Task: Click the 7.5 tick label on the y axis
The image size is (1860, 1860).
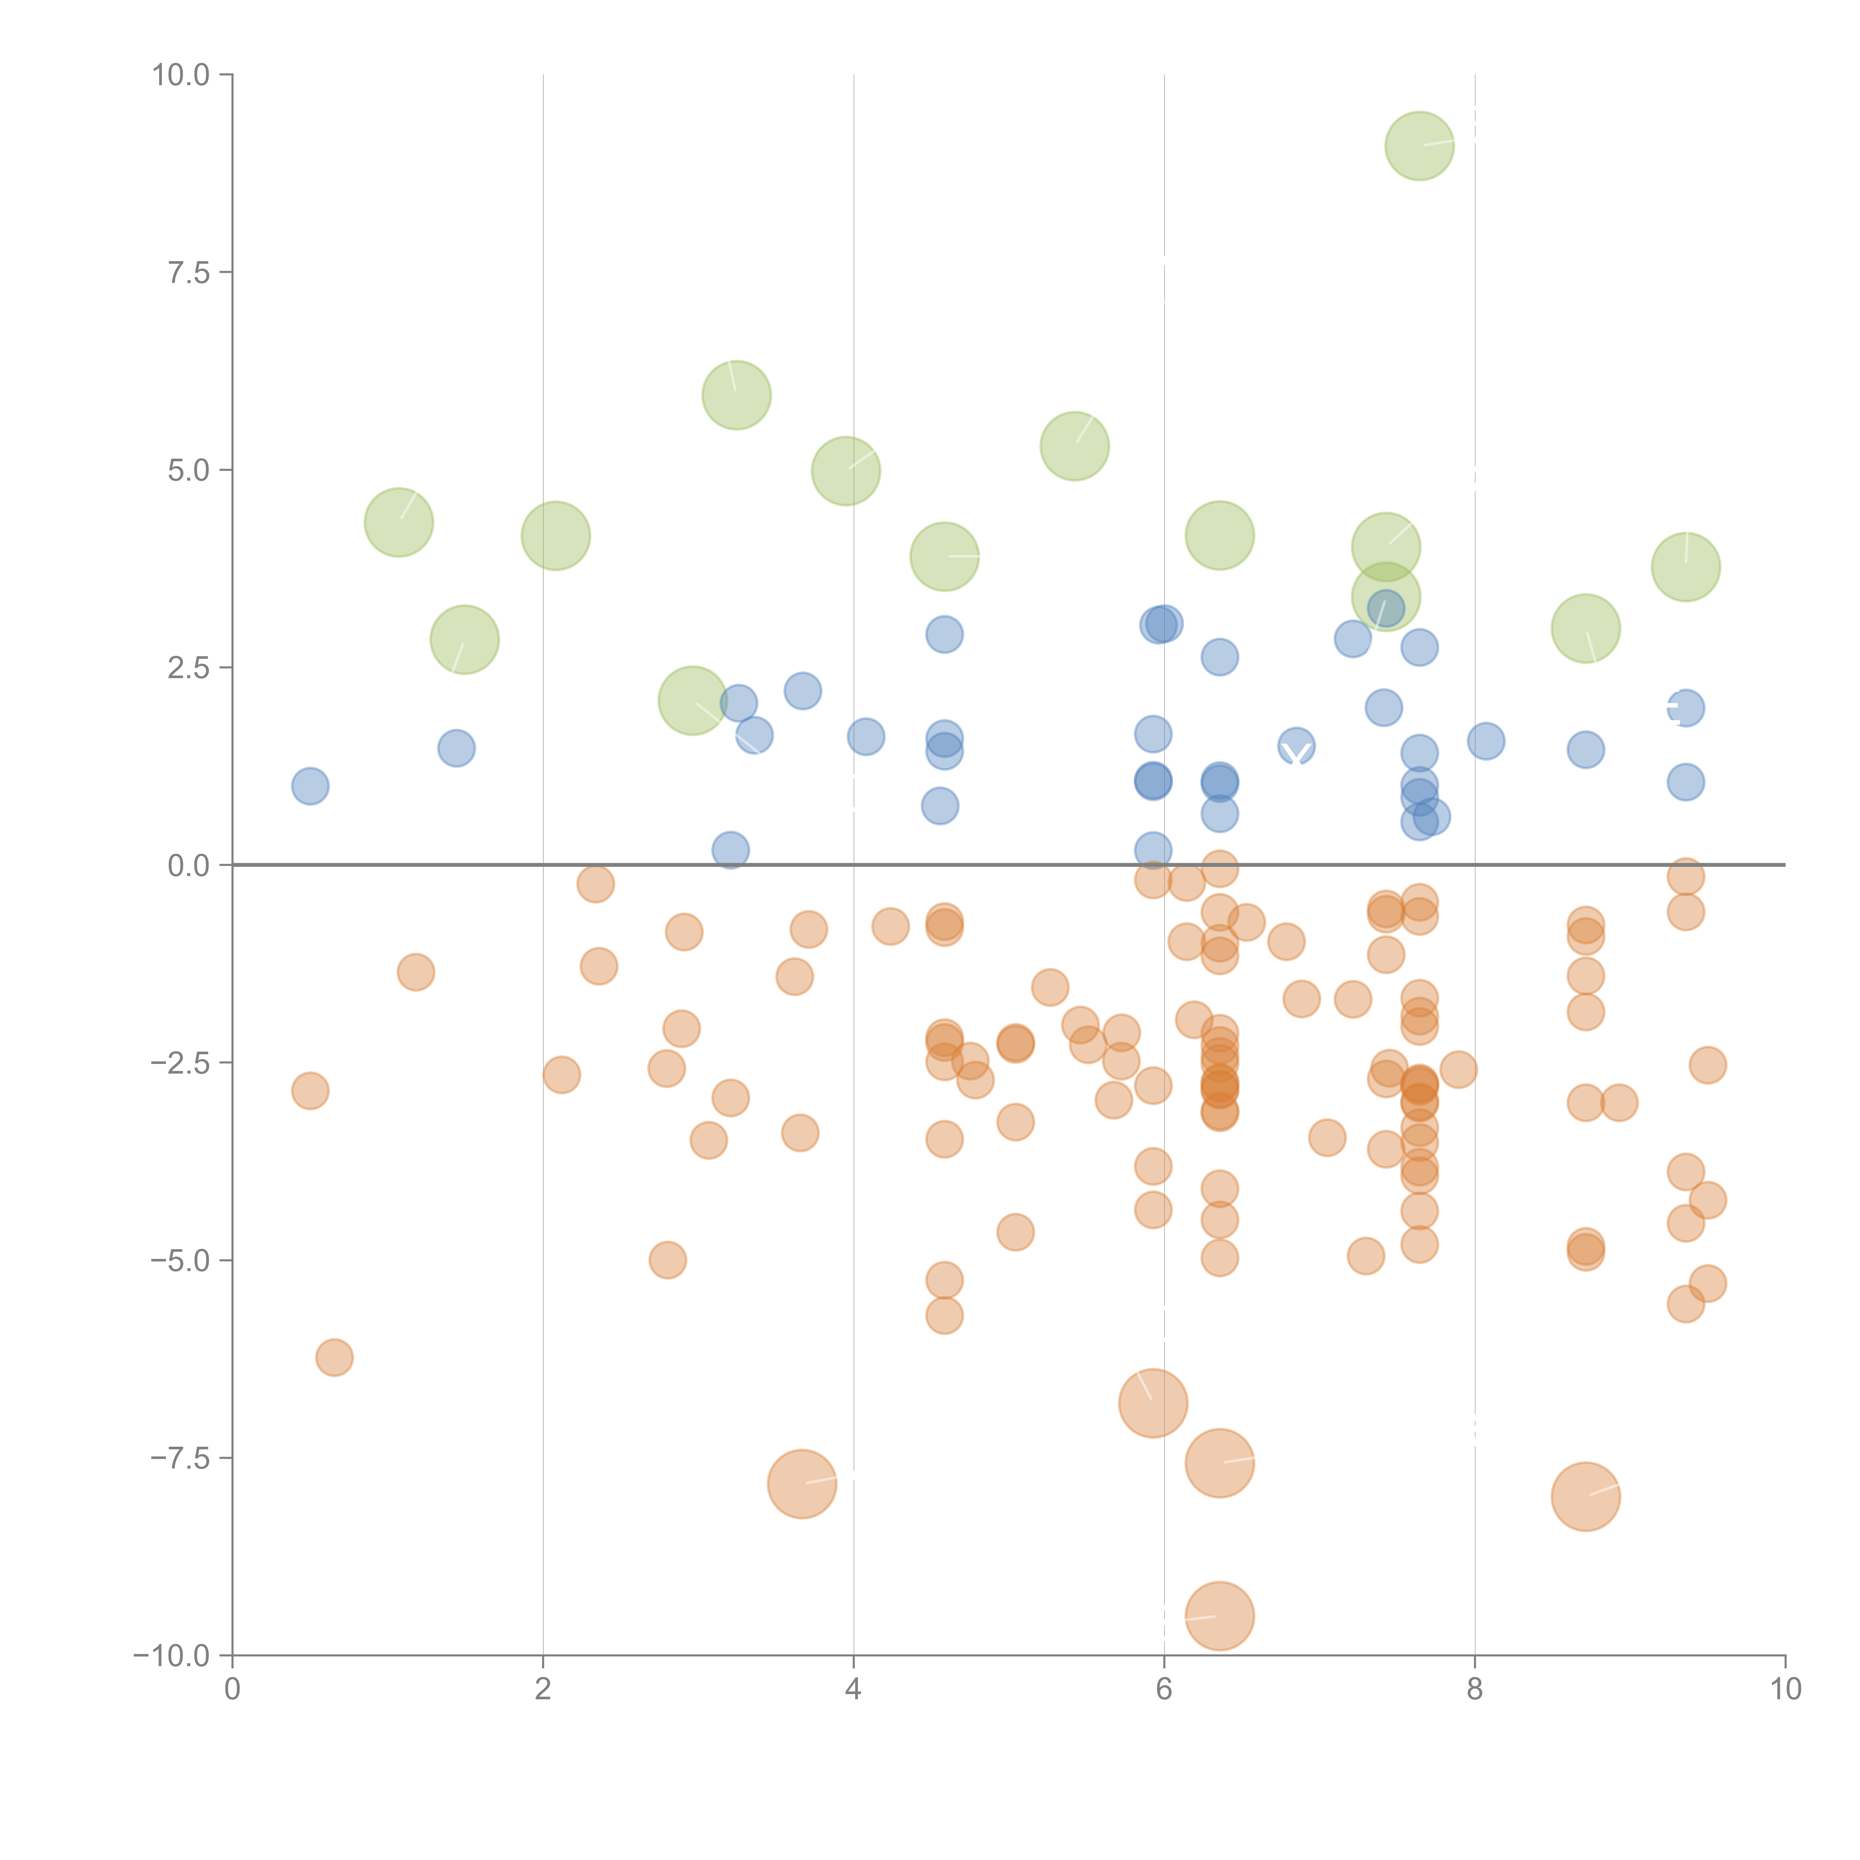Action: (189, 272)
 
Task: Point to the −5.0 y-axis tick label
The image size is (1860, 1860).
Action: (180, 1260)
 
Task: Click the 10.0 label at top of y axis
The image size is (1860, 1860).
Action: (181, 75)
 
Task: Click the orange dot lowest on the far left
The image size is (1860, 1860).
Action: (334, 1357)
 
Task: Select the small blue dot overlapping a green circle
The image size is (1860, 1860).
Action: (1385, 607)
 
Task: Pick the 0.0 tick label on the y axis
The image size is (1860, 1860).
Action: (189, 866)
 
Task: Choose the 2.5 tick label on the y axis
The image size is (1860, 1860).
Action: (189, 667)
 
